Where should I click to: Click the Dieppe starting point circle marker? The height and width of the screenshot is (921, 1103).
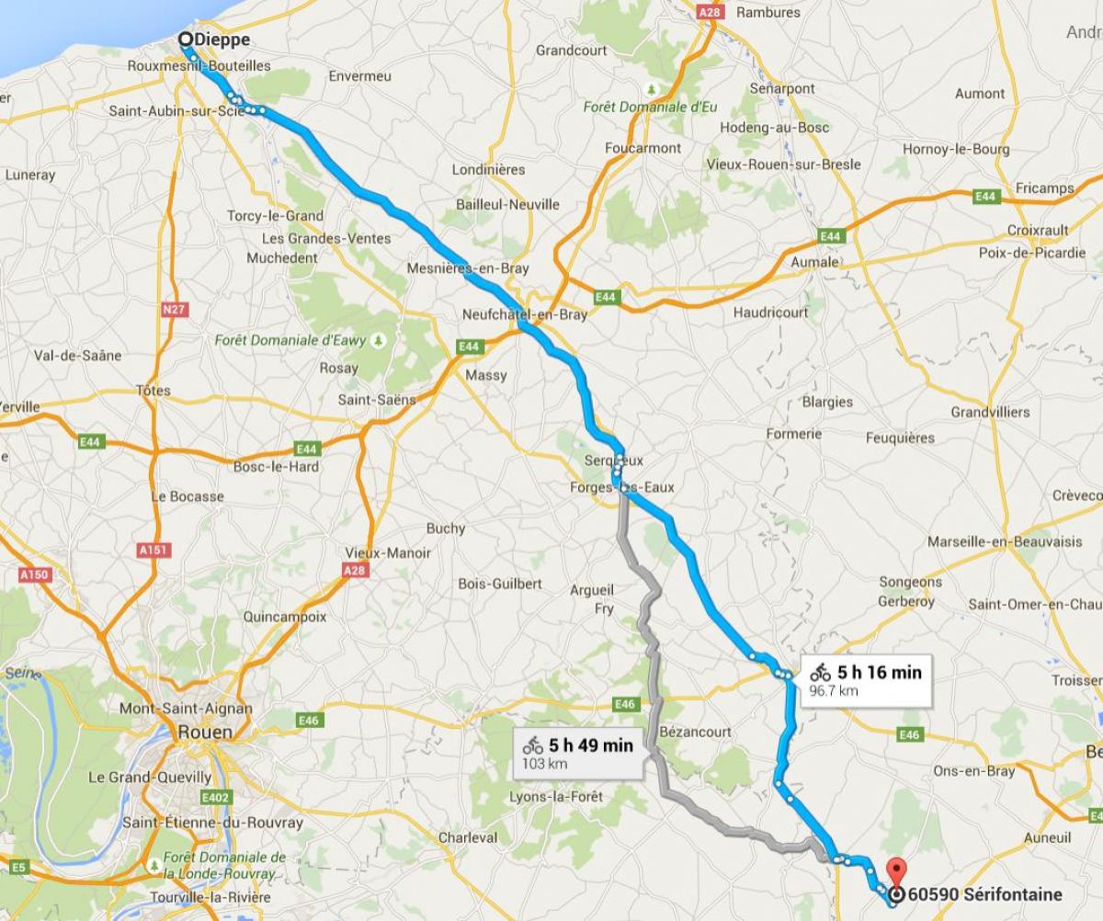pyautogui.click(x=186, y=40)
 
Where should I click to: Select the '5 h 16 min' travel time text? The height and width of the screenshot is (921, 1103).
pyautogui.click(x=879, y=672)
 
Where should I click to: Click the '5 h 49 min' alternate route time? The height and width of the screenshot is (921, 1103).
pyautogui.click(x=590, y=745)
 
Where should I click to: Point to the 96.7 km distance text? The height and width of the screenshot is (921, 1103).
pyautogui.click(x=833, y=690)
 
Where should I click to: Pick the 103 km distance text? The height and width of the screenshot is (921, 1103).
pyautogui.click(x=544, y=764)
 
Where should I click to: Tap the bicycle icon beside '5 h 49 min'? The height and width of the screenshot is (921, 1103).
pyautogui.click(x=532, y=745)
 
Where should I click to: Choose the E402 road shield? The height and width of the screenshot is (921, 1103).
pyautogui.click(x=217, y=797)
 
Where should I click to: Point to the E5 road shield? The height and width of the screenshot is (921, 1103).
pyautogui.click(x=20, y=865)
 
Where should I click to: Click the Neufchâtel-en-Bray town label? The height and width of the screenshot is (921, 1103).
pyautogui.click(x=525, y=314)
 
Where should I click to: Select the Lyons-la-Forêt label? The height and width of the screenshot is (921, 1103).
pyautogui.click(x=556, y=797)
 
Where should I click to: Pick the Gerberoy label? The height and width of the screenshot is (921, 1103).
pyautogui.click(x=906, y=601)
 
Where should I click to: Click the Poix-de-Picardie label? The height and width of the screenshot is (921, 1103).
pyautogui.click(x=1032, y=253)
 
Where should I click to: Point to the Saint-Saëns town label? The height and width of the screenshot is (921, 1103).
pyautogui.click(x=377, y=400)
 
